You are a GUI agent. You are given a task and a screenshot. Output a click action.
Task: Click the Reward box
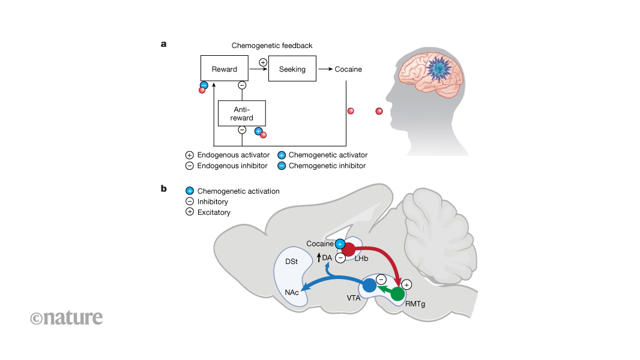coord(225,69)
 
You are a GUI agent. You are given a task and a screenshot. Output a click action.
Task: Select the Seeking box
coord(292,69)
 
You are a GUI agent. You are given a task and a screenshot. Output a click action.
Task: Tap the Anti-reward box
coord(241,113)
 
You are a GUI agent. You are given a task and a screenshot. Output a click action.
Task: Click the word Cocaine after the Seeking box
coord(348,69)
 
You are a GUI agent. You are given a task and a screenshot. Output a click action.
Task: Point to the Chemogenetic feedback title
coord(272,46)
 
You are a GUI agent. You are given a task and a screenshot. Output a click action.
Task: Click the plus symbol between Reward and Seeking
coord(262,62)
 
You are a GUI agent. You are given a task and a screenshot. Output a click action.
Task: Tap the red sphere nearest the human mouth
coord(379,111)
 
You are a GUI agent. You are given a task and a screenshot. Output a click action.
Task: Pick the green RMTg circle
coord(397,294)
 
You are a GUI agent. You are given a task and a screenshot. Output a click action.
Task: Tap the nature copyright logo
coord(66,317)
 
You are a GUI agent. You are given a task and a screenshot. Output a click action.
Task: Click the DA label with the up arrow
coord(324,257)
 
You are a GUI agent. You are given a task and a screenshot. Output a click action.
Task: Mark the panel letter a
coord(163,43)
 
